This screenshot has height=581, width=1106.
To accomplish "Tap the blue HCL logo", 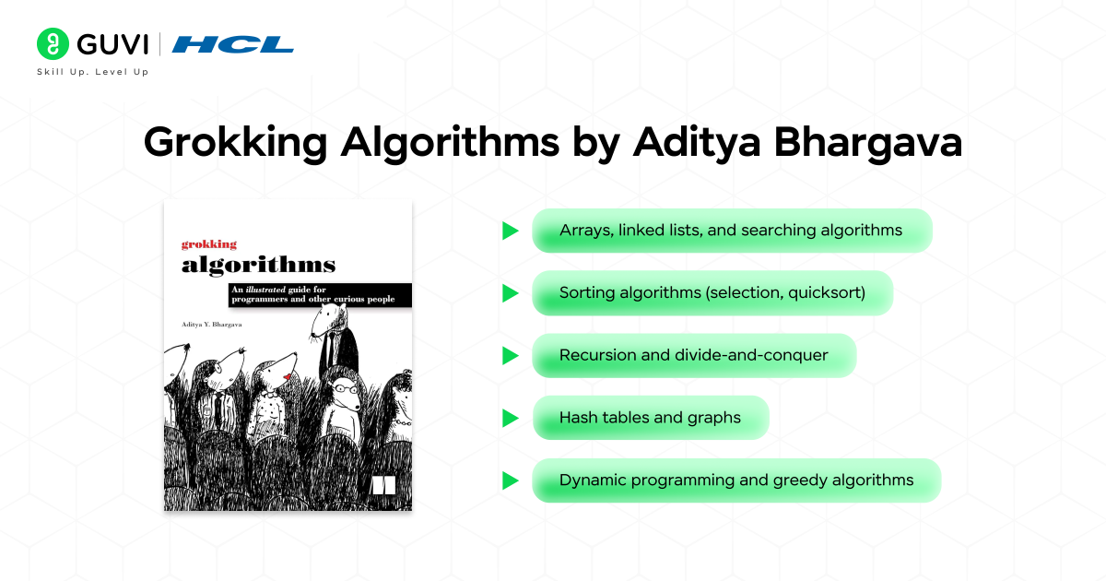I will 233,44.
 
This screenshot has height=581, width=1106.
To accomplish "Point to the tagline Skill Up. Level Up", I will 92,72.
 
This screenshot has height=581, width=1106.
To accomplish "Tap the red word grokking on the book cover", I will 208,244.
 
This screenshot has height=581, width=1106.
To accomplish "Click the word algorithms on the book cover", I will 258,265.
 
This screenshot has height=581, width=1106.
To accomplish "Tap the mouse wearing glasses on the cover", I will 345,391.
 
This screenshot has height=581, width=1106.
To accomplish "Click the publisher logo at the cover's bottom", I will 382,485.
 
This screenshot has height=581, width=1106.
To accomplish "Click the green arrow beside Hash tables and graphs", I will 510,418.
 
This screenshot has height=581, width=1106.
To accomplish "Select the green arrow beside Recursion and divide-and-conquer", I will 510,355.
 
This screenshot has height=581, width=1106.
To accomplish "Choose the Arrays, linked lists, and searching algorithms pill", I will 732,231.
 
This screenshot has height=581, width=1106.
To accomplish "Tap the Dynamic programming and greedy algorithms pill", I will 735,480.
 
